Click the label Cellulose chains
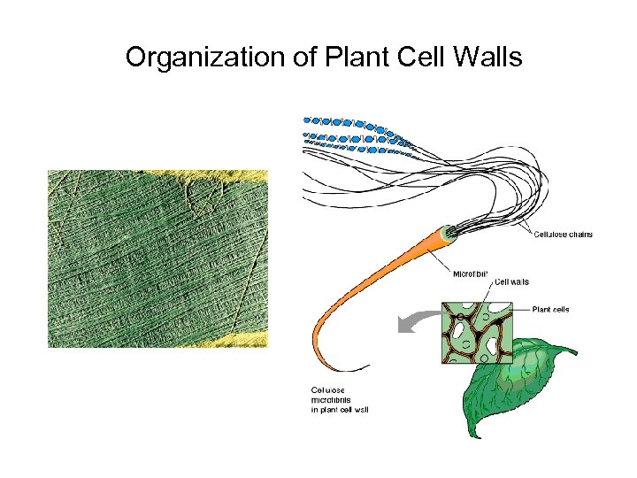(563, 235)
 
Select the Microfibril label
(470, 274)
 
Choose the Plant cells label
(550, 310)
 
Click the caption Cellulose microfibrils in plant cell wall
(339, 399)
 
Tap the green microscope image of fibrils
(157, 258)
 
